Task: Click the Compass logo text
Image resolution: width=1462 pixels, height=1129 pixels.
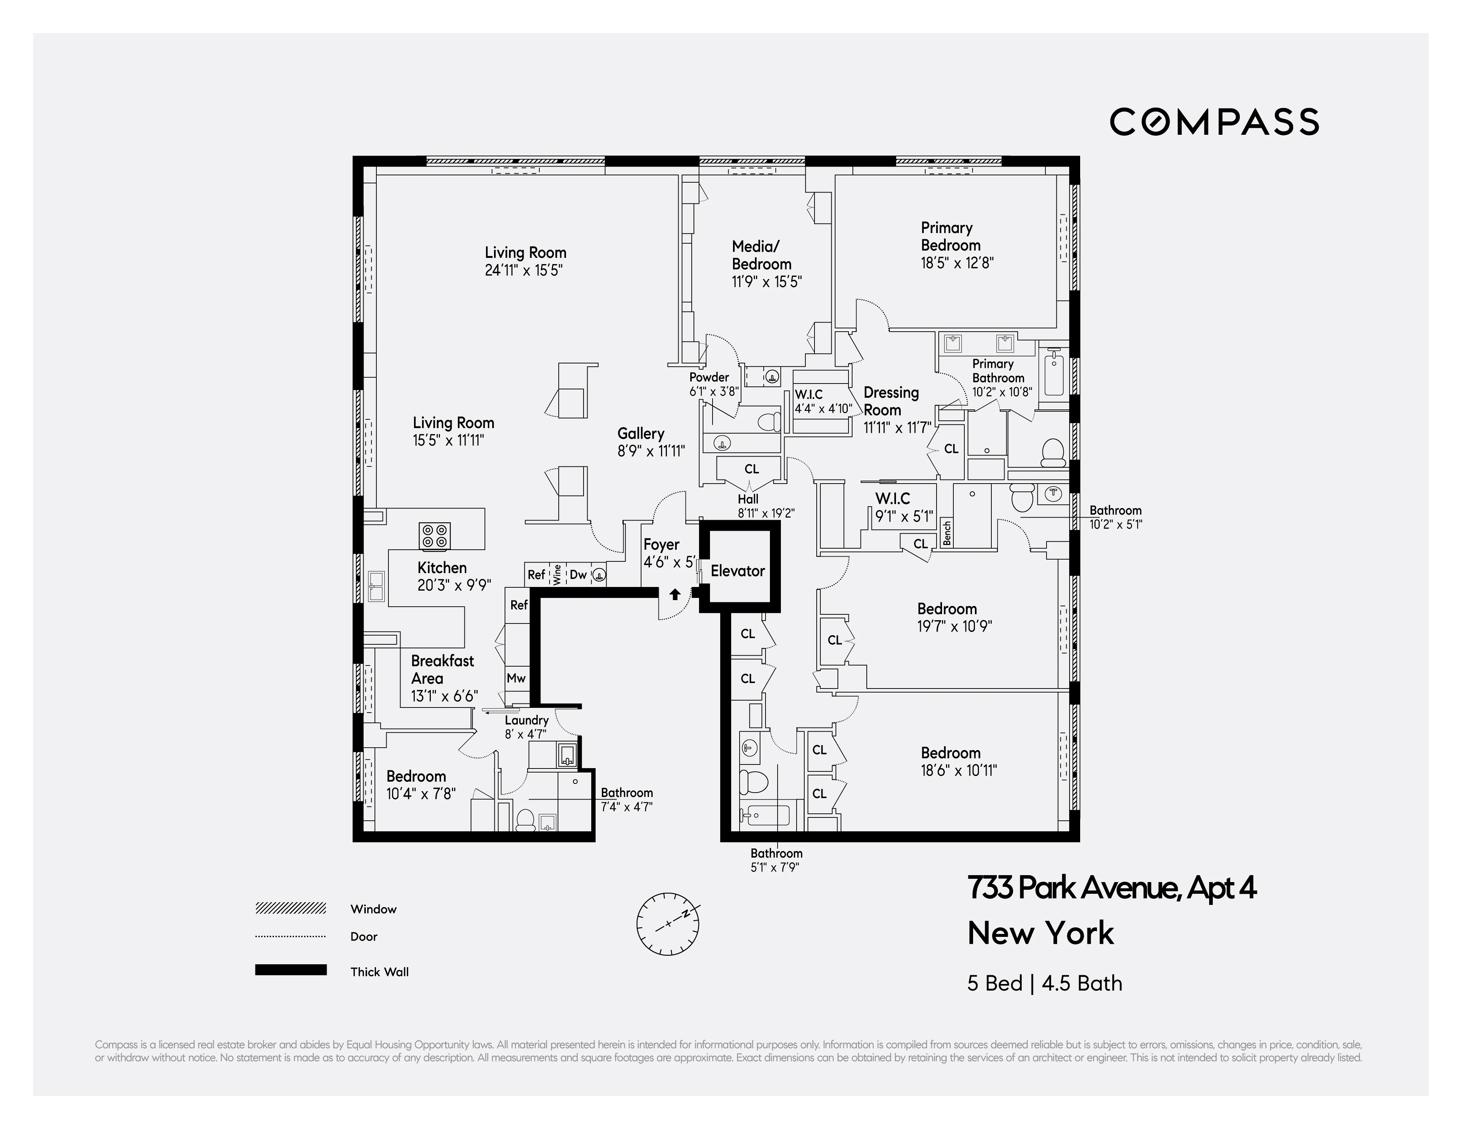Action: (x=1214, y=122)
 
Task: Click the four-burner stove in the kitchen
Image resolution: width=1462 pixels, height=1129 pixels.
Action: (x=434, y=535)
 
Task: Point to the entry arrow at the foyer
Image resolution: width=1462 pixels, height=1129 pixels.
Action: (x=675, y=594)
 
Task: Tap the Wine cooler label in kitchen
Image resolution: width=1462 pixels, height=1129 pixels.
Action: (x=557, y=574)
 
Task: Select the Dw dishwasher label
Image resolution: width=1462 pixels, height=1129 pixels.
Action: (x=578, y=574)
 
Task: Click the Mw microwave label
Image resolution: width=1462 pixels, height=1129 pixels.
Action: (x=516, y=678)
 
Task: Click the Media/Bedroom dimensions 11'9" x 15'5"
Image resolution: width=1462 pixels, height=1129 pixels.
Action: (x=767, y=282)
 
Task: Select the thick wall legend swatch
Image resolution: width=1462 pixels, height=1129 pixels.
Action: (x=290, y=970)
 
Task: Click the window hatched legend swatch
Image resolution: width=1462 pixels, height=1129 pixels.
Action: (x=290, y=908)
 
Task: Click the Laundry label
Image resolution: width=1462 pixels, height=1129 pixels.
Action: (x=526, y=720)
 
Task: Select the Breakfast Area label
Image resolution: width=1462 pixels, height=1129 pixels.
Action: (x=442, y=669)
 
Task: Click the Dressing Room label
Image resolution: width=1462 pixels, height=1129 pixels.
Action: (x=891, y=401)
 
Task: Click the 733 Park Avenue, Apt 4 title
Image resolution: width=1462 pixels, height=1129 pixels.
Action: (x=1111, y=888)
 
